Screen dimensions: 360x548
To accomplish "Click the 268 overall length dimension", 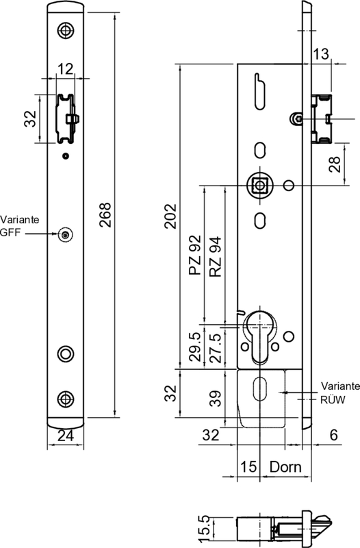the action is point(105,215).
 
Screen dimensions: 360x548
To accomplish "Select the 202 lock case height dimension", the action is point(170,216).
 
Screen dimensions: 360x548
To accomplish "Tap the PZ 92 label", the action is point(195,255).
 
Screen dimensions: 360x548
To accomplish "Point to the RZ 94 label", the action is point(216,257).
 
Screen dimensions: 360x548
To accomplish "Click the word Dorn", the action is point(285,467).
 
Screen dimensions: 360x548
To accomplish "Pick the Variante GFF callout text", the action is point(20,226).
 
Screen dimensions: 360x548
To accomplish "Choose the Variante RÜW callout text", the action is point(340,393).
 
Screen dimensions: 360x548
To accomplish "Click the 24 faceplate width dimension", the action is point(66,436).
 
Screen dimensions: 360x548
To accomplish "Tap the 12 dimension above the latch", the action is point(65,69).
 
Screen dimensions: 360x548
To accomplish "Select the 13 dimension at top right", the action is point(320,54).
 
